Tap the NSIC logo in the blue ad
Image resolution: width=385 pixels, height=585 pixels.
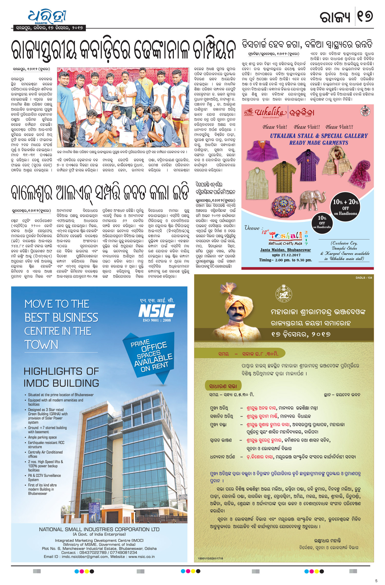click(x=157, y=311)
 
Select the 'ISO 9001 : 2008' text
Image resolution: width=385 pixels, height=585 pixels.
click(x=157, y=320)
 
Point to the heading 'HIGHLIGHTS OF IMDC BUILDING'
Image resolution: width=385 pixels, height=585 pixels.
click(x=61, y=377)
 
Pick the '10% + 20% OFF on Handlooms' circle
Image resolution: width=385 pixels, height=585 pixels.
click(x=345, y=207)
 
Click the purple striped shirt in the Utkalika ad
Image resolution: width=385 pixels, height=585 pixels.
click(x=308, y=164)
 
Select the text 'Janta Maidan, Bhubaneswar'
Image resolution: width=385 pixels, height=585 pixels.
click(x=285, y=250)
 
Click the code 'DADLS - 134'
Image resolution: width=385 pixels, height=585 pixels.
click(x=364, y=278)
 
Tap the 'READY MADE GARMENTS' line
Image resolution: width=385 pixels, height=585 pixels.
click(x=319, y=143)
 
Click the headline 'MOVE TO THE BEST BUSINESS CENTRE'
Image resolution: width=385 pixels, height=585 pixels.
click(x=61, y=324)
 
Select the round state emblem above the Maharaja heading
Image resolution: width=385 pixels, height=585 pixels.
click(x=284, y=294)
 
